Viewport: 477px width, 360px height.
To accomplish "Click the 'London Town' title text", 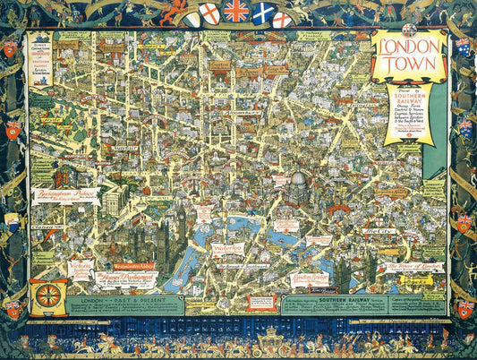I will click(x=408, y=57).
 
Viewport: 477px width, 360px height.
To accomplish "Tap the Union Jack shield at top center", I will click(x=236, y=11).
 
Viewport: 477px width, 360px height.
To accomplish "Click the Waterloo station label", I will click(x=231, y=250).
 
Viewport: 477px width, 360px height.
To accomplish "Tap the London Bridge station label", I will click(x=310, y=279).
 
